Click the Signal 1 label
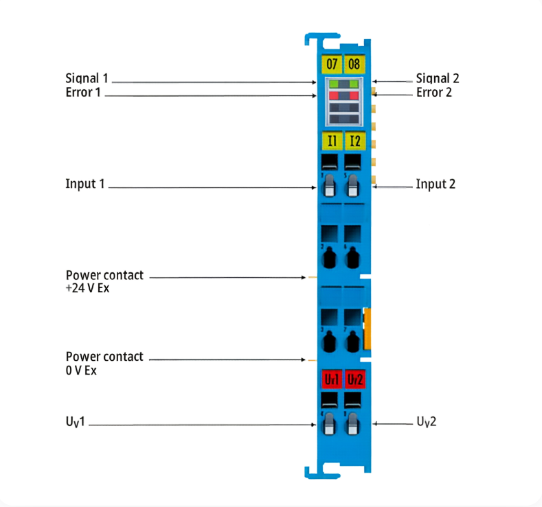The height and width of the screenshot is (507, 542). (x=87, y=78)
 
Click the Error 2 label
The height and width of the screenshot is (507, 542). (x=434, y=93)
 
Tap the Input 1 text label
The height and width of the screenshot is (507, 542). (x=85, y=184)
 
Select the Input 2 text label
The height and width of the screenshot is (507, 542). (x=436, y=184)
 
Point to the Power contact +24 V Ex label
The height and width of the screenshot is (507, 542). (x=104, y=281)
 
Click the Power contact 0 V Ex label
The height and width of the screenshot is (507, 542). (x=104, y=363)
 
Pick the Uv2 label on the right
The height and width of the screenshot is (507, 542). (x=426, y=422)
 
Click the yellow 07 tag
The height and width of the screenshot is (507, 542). (x=332, y=64)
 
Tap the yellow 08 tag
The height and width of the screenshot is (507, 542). (x=354, y=64)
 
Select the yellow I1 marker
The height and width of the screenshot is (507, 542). (x=332, y=141)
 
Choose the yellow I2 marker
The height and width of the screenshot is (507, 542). (x=355, y=141)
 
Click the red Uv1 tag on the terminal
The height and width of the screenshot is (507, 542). (x=332, y=379)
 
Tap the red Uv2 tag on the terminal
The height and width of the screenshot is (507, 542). (x=355, y=379)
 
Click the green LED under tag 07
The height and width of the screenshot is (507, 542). (x=334, y=84)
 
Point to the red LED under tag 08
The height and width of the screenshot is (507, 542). (x=354, y=95)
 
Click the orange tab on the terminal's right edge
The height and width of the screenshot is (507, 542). (x=368, y=329)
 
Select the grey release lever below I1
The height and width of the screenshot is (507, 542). (x=330, y=186)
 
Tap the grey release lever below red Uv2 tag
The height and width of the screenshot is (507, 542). (x=352, y=423)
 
